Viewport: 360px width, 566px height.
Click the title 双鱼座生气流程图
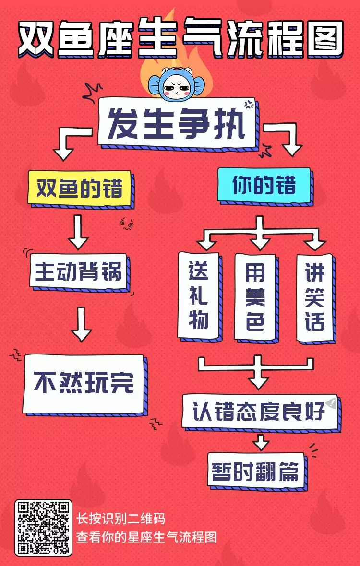180,36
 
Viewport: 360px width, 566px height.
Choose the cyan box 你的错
264,185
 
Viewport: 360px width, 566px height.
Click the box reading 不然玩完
84,384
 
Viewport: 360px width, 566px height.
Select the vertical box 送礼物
198,295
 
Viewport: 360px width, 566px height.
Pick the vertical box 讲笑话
315,297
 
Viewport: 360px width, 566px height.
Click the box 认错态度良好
259,411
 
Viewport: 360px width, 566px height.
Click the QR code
43,528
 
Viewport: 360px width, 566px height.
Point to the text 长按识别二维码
121,519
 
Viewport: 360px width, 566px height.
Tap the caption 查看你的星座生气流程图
147,537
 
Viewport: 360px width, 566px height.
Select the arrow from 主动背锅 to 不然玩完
82,324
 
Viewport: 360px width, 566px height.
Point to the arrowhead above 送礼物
206,244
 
